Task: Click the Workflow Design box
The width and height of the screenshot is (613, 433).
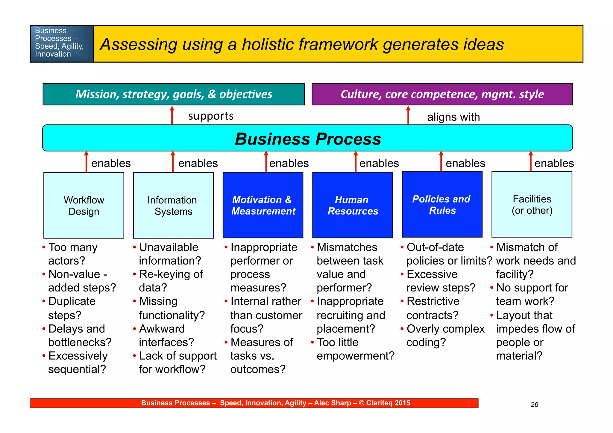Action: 84,205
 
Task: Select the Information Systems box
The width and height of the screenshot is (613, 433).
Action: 173,205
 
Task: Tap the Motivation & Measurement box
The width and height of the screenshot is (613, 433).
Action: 263,205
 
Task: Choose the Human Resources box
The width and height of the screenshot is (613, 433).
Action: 352,205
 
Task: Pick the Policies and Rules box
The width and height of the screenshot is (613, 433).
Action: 442,205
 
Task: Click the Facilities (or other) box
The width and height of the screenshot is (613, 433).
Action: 532,205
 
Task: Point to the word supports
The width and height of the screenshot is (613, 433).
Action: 211,116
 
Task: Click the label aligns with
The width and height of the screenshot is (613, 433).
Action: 453,117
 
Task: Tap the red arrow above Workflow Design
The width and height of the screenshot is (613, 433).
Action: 87,162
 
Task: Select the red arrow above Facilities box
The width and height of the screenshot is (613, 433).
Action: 531,162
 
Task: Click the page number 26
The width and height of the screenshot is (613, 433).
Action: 534,405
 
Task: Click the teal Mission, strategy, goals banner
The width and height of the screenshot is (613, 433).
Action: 174,94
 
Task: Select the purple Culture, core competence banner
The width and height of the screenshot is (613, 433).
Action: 442,94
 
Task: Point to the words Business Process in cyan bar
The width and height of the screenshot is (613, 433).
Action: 308,139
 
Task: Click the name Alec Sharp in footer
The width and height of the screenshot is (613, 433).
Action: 332,403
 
